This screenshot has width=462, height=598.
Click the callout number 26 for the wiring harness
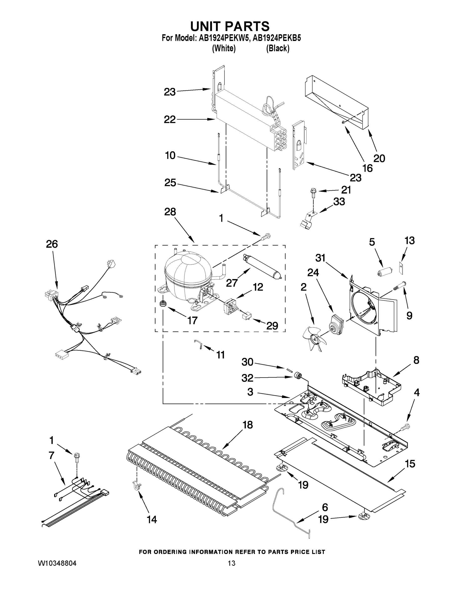(x=52, y=244)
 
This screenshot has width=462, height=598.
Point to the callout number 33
(x=339, y=202)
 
